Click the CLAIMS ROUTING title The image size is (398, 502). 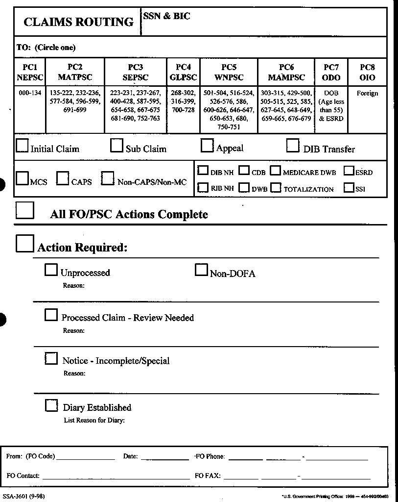tap(78, 22)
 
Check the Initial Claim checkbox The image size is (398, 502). tap(23, 146)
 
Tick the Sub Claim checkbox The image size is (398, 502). tap(117, 146)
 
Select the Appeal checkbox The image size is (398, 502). tap(208, 146)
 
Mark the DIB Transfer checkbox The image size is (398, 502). tap(293, 146)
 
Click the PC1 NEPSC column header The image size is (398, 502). tap(30, 72)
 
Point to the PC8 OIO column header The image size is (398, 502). tap(367, 72)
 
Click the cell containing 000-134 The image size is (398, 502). tap(30, 93)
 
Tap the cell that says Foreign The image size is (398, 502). tap(367, 93)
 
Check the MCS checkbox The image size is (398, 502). tap(22, 178)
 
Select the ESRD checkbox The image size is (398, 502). tap(349, 171)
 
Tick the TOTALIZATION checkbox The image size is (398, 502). tap(276, 187)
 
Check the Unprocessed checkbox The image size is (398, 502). tap(51, 270)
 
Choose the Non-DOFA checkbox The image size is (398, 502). tap(201, 270)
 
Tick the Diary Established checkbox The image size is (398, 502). tap(51, 405)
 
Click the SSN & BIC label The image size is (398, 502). tap(166, 16)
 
